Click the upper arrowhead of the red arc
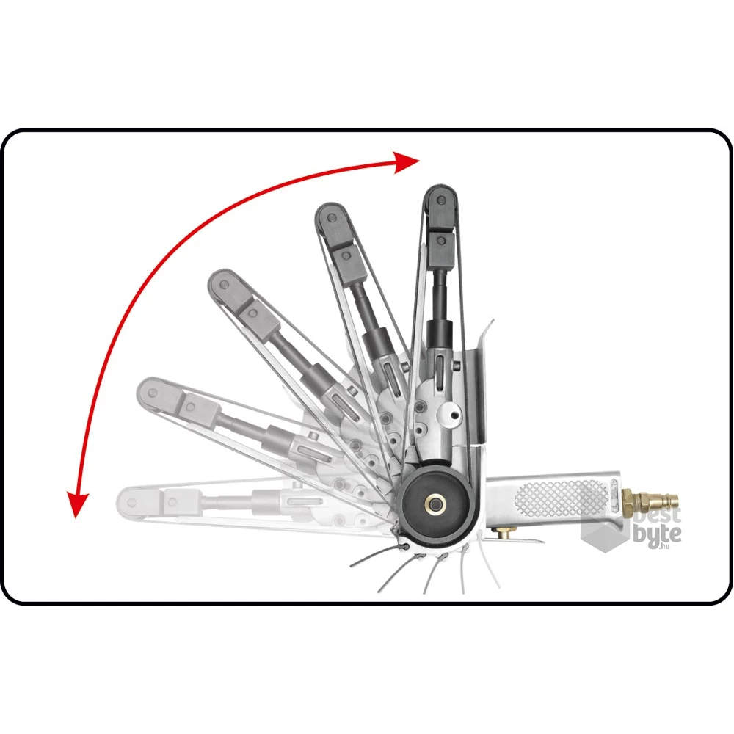coord(405,162)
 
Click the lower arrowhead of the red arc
coord(77,505)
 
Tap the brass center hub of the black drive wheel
coord(435,505)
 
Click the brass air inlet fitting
coord(649,499)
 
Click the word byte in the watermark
coord(657,533)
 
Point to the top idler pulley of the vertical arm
coord(440,200)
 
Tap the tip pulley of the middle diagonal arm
coord(224,284)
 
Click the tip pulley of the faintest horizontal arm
coord(131,503)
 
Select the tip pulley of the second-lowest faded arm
coord(152,392)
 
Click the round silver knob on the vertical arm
coord(450,413)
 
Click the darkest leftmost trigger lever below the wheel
coord(374,557)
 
